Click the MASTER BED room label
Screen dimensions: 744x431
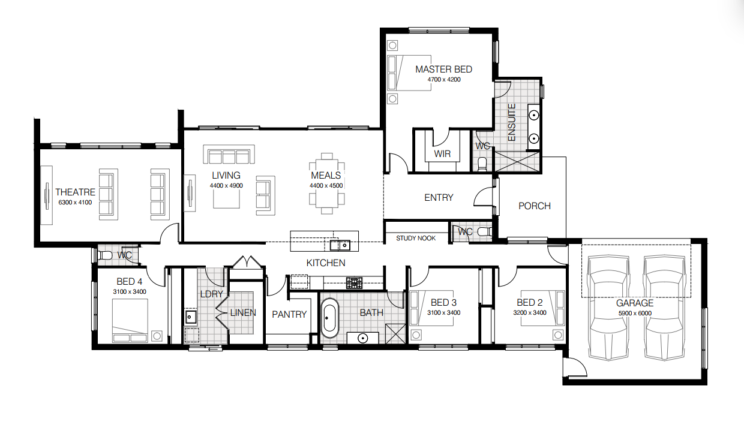pos(444,70)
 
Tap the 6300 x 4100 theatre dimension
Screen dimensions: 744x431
pos(75,203)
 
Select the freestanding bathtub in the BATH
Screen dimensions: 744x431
pos(329,318)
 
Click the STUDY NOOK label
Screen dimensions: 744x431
pos(416,238)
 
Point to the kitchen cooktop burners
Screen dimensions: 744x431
pos(355,283)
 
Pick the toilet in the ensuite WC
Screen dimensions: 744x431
pos(482,164)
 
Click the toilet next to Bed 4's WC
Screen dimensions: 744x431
pos(105,255)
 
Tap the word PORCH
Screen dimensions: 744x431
pos(535,206)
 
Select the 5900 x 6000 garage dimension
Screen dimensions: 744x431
pos(635,314)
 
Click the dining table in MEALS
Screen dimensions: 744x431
pos(326,183)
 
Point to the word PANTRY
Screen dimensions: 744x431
pos(289,314)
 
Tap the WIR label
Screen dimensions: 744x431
pos(442,154)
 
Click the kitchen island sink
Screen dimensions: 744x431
pos(340,246)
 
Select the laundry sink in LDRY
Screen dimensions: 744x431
pos(191,317)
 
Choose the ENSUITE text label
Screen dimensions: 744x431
pos(512,122)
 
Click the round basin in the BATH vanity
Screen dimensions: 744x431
pos(363,339)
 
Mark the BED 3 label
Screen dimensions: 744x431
pos(444,303)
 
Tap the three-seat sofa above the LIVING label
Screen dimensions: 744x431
pos(229,154)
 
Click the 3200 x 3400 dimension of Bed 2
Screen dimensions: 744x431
pos(530,312)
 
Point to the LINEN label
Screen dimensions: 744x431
pos(243,312)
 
